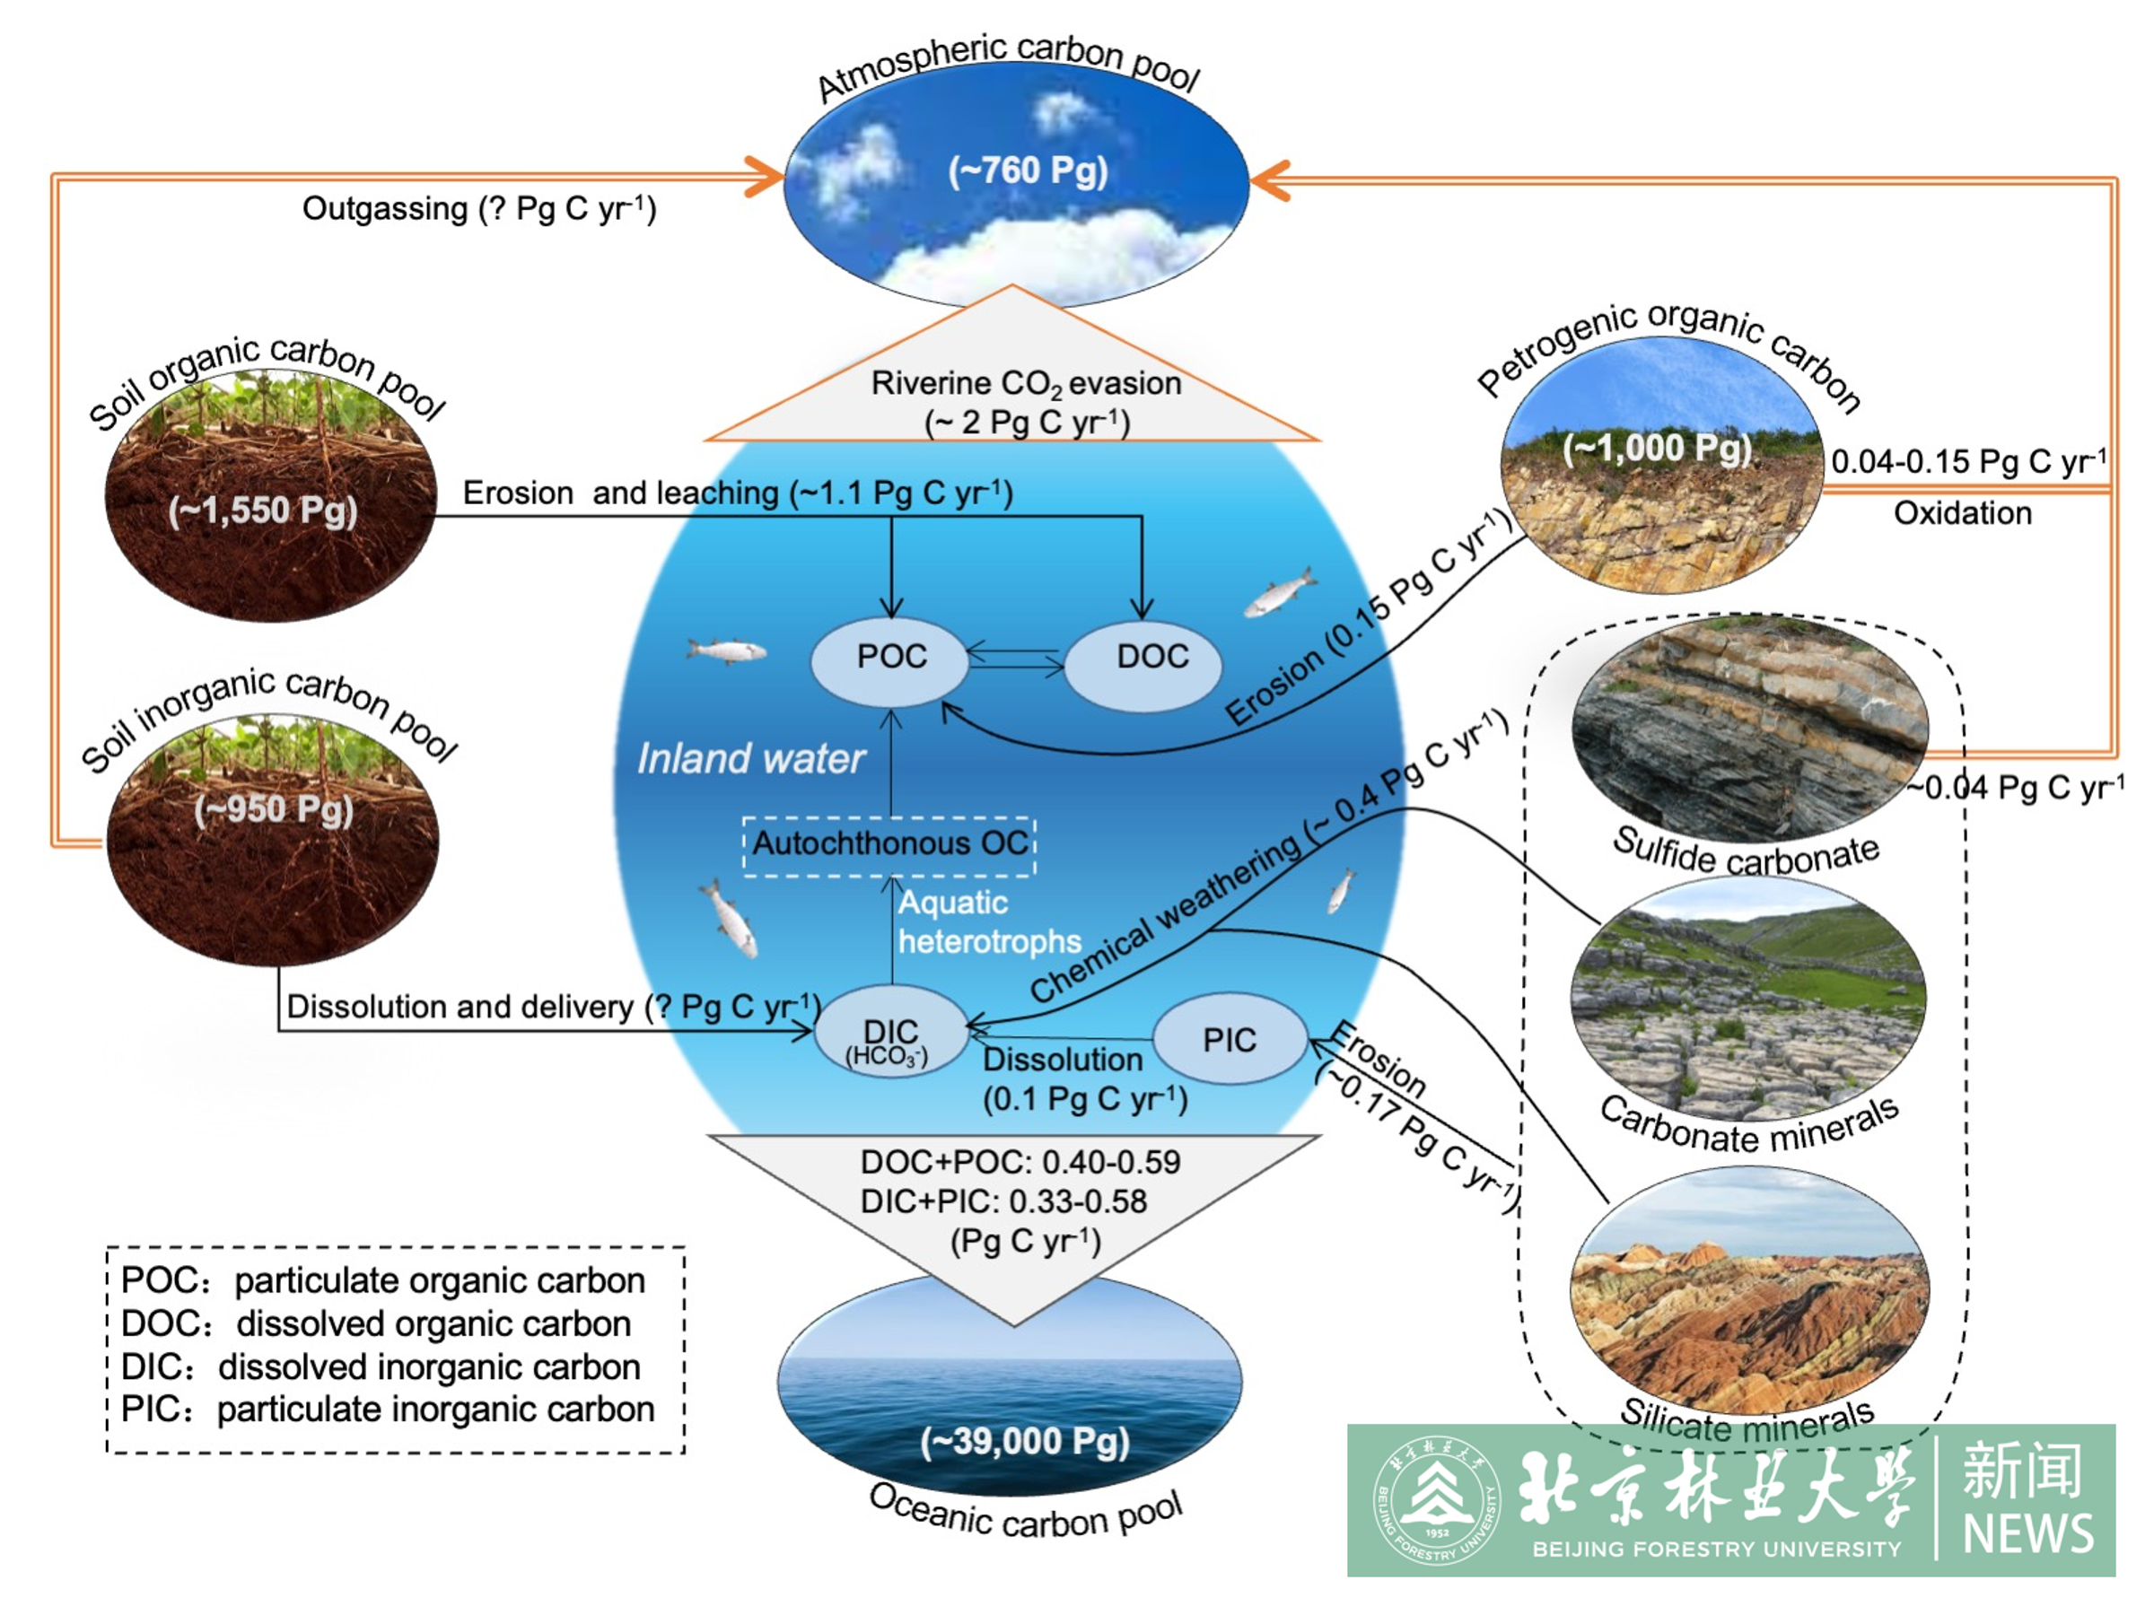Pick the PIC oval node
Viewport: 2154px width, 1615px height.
click(1229, 1040)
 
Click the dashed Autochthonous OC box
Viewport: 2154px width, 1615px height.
click(889, 844)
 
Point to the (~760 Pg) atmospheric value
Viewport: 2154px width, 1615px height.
click(1028, 171)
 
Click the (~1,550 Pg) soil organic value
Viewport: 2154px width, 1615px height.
click(263, 511)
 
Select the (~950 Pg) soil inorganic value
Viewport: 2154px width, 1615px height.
click(273, 809)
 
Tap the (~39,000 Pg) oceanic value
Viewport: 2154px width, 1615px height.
click(1024, 1442)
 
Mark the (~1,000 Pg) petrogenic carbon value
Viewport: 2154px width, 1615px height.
click(1657, 449)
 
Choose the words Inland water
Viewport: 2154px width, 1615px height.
click(751, 758)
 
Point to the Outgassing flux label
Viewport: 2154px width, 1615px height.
click(479, 208)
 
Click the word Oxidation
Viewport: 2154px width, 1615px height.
click(1962, 513)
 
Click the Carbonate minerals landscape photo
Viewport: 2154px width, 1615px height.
click(1749, 1003)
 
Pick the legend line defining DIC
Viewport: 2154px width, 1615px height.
click(380, 1366)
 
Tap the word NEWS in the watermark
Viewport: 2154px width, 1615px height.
click(2027, 1534)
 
